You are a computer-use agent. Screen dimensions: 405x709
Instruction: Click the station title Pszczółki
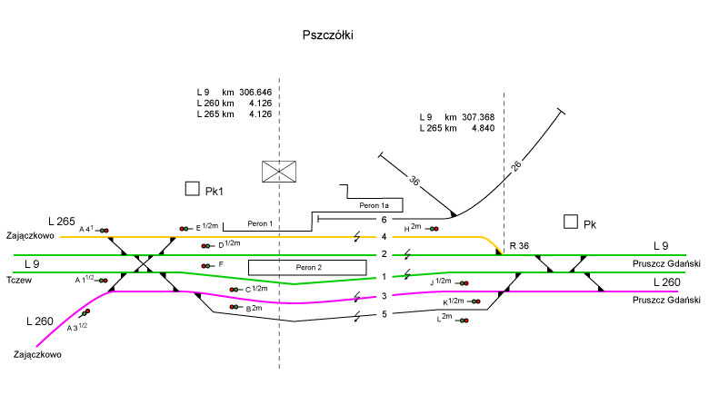coord(327,36)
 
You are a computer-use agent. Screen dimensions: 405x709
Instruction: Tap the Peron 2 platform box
coord(307,267)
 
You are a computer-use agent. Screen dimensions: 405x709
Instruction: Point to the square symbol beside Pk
coord(570,222)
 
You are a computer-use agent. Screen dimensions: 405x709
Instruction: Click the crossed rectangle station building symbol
coord(278,172)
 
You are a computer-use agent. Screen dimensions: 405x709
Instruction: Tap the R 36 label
coord(519,246)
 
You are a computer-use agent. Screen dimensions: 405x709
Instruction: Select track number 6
coord(384,220)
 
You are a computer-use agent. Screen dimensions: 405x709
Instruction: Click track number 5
coord(384,314)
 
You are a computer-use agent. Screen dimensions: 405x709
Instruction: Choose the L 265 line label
coord(63,222)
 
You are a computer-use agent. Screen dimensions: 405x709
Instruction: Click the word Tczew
coord(19,280)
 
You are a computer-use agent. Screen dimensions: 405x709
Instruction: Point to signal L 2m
coord(464,321)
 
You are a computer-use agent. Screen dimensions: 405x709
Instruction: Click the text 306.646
coord(255,93)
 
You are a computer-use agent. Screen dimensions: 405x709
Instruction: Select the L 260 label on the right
coord(668,282)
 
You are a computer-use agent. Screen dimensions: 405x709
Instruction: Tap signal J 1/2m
coord(464,283)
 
